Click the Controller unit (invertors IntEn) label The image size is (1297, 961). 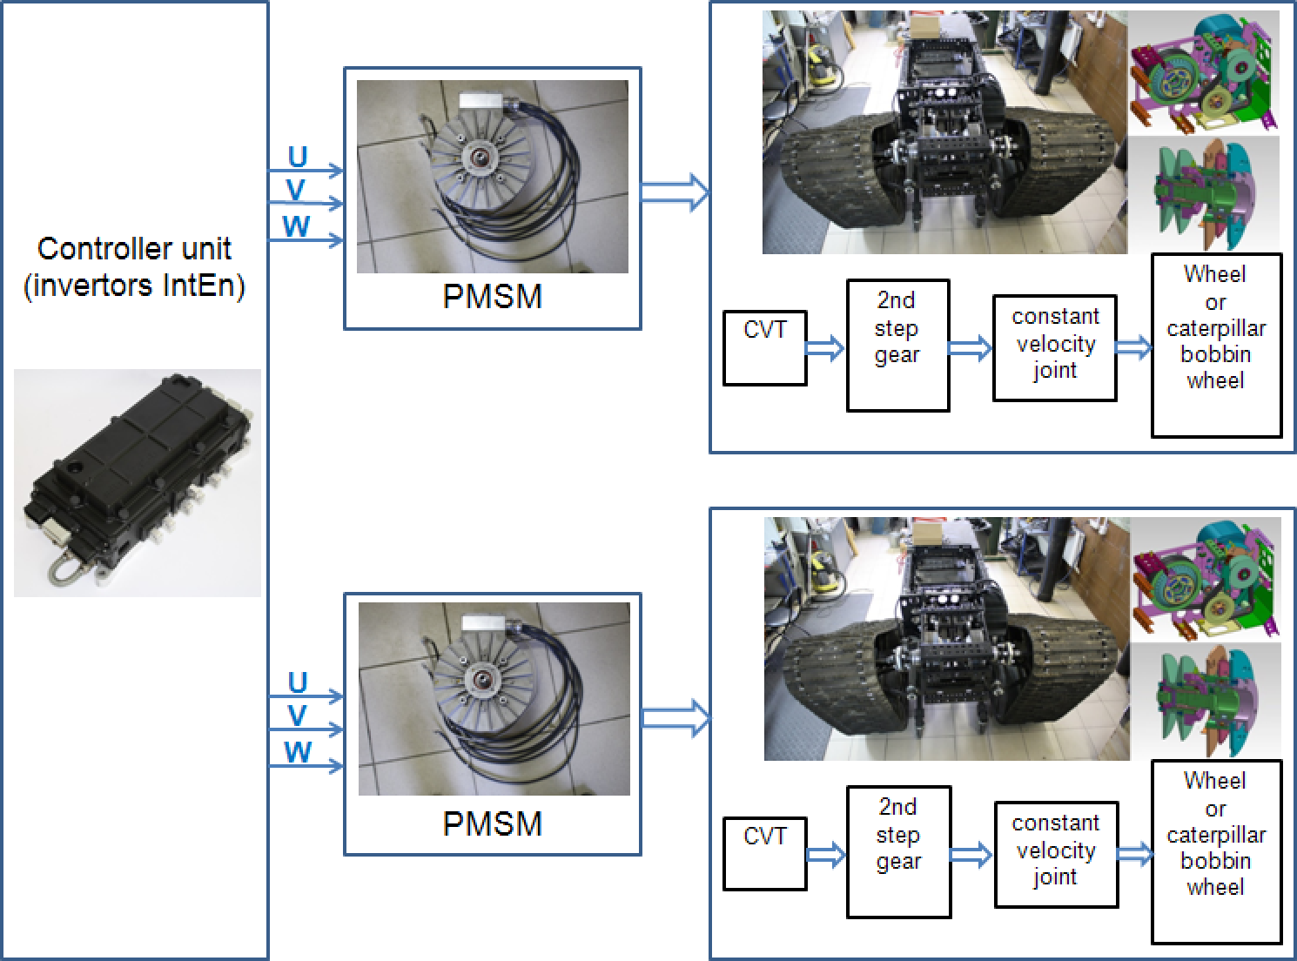click(134, 267)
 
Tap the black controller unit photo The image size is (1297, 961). click(138, 481)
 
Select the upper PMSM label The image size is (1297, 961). click(492, 297)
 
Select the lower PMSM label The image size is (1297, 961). click(492, 823)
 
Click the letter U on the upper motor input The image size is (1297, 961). click(298, 157)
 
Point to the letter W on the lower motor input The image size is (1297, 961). click(298, 752)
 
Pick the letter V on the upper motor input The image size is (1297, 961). click(296, 190)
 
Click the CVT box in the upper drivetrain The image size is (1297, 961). click(765, 347)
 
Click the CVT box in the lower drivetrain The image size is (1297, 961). click(765, 853)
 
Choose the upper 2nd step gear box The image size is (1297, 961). click(897, 345)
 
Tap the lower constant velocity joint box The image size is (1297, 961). click(1056, 854)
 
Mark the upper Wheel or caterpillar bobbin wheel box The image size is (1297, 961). click(1216, 345)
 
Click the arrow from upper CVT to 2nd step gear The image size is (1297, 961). click(825, 349)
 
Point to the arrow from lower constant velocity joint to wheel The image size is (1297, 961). click(1134, 854)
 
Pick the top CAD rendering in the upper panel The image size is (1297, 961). click(1203, 73)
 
